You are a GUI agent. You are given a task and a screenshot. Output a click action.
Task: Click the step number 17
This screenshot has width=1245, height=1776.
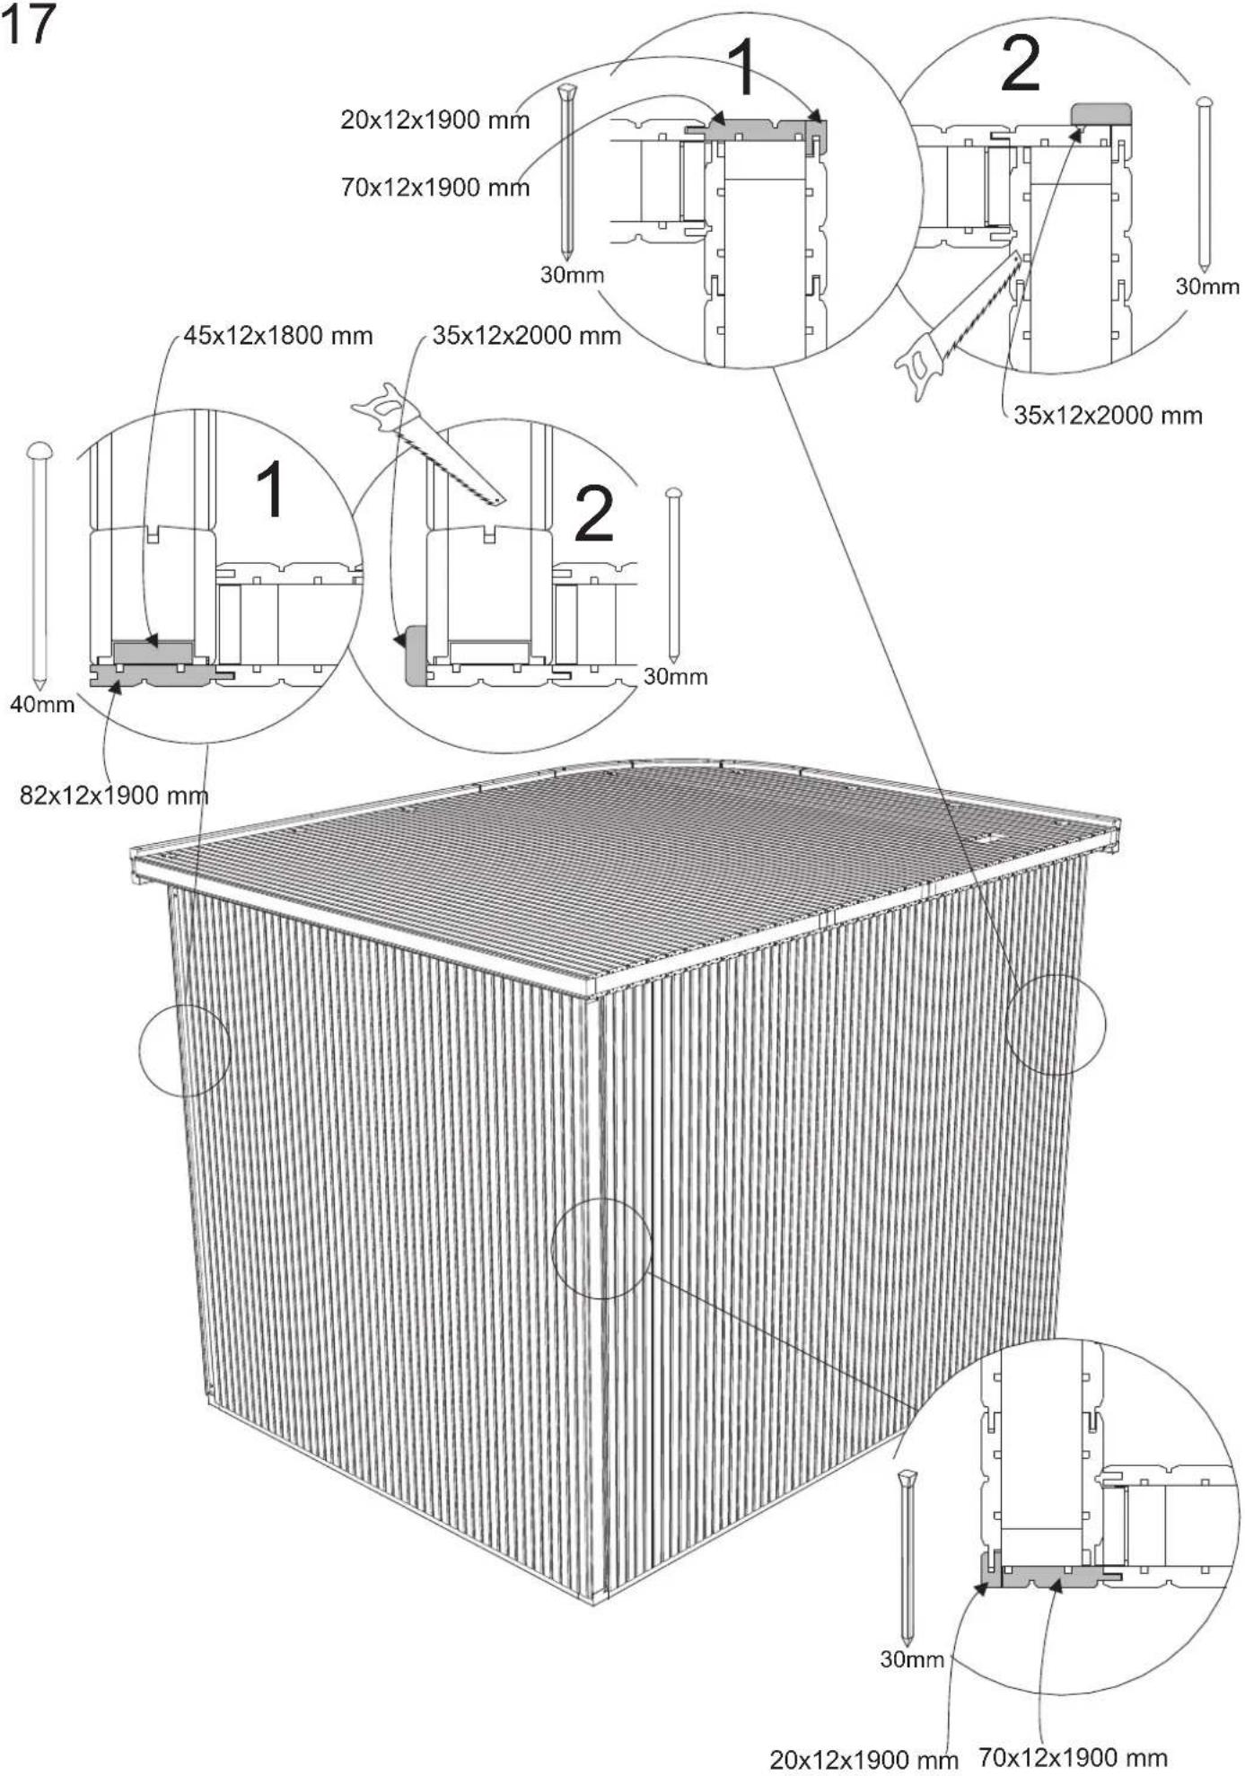coord(28,24)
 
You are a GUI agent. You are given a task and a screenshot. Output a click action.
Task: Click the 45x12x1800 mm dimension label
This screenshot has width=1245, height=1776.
coord(277,336)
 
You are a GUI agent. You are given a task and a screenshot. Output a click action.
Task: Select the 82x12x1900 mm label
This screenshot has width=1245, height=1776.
coord(114,795)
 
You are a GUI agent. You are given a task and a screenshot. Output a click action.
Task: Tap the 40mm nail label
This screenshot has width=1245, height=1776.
coord(41,704)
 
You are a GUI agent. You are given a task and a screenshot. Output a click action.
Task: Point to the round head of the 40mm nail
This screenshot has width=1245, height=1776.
coord(39,450)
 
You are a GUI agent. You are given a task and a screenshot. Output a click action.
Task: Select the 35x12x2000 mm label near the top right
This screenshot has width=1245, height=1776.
coord(1108,415)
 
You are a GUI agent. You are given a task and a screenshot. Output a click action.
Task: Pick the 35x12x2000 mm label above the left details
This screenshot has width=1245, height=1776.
coord(526,336)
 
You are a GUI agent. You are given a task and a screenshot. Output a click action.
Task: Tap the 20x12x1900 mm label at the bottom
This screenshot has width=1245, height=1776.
coord(864,1759)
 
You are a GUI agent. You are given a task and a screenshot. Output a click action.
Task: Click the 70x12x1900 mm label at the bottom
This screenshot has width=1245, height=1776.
coord(1073,1757)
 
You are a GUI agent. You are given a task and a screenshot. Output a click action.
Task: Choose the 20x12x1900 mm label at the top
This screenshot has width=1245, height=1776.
coord(434,119)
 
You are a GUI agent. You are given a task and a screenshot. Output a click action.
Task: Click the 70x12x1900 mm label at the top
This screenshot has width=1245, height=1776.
coord(434,188)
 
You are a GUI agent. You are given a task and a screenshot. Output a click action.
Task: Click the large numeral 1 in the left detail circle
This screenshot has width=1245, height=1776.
coord(271,489)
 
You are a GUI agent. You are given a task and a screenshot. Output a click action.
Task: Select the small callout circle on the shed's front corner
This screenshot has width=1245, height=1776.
coord(601,1248)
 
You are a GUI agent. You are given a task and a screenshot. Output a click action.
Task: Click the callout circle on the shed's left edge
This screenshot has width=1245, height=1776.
coord(185,1051)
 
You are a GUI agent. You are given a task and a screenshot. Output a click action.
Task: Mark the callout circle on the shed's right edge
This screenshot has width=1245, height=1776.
coord(1055,1024)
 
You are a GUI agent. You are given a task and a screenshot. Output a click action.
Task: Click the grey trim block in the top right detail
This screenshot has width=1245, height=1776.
coord(1101,113)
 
